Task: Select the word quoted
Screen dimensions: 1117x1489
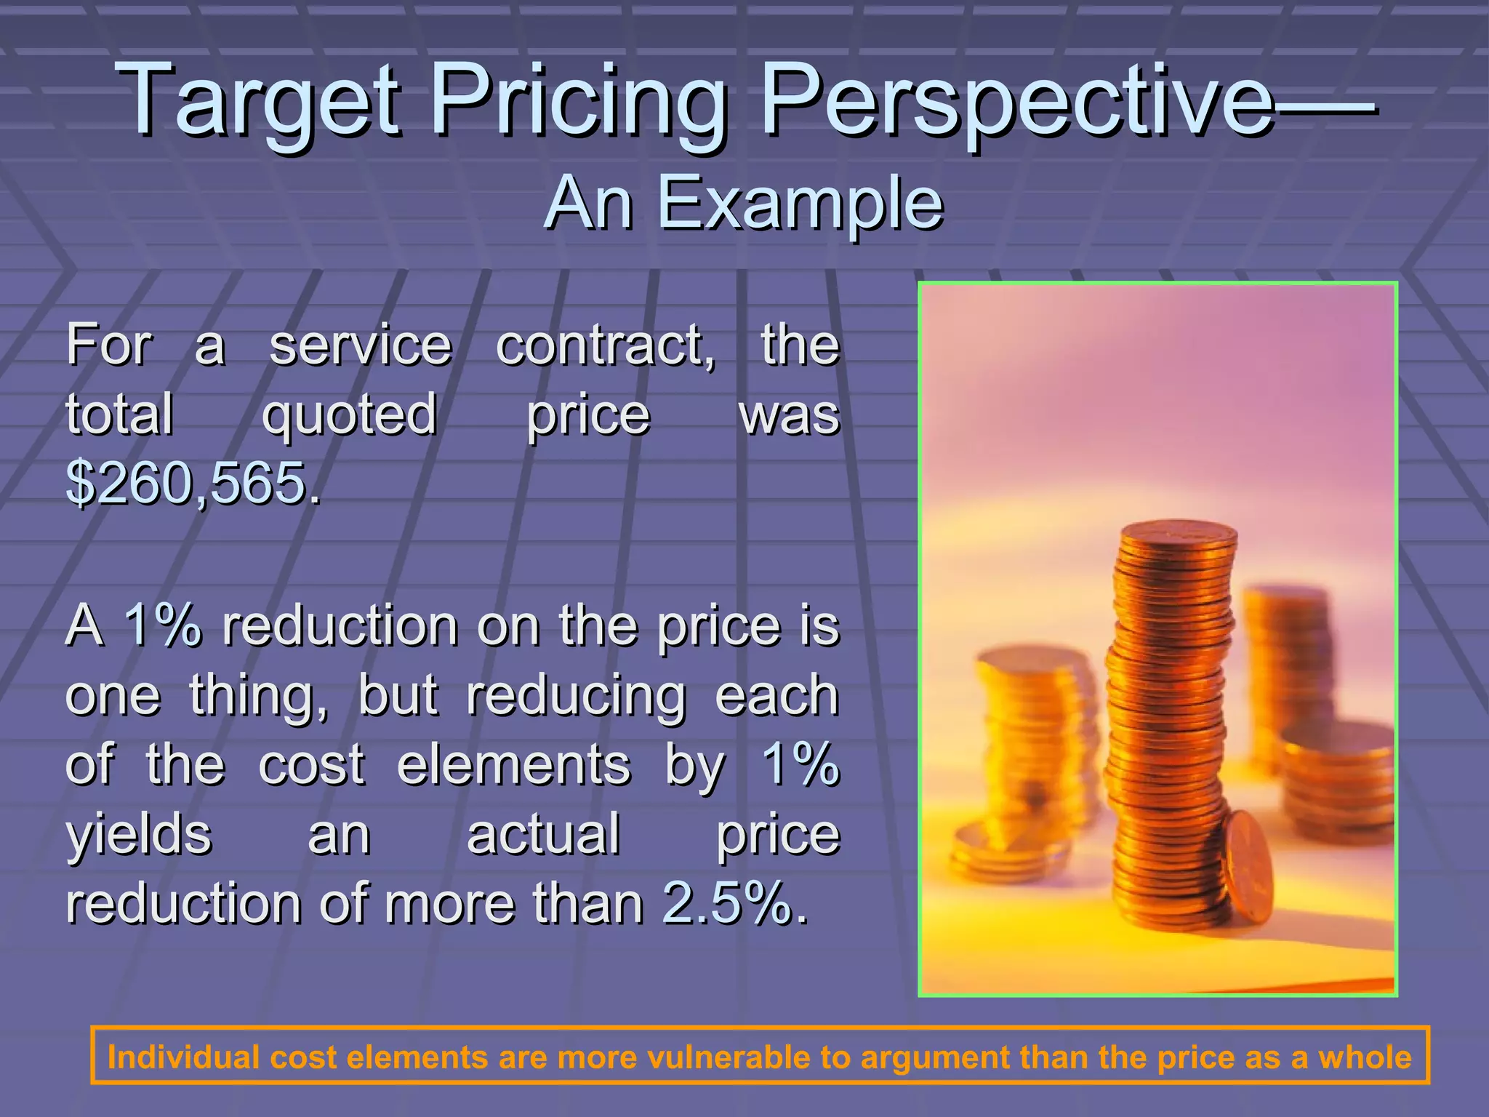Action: click(x=349, y=415)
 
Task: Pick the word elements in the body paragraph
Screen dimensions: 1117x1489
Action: click(x=513, y=765)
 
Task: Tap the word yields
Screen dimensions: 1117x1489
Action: click(x=138, y=835)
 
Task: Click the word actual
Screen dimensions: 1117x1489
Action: click(x=543, y=835)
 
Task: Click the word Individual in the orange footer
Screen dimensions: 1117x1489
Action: click(x=183, y=1057)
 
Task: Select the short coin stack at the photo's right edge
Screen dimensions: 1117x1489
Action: click(x=1338, y=778)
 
